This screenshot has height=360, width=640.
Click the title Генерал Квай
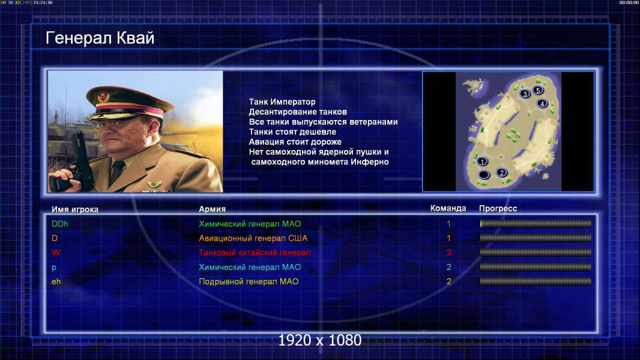tap(100, 38)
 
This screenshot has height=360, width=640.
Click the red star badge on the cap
tap(104, 96)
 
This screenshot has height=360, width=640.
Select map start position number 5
tap(538, 90)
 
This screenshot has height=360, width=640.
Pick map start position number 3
tap(525, 94)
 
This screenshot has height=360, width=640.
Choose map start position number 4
tap(542, 104)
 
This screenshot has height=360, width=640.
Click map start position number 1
tap(482, 161)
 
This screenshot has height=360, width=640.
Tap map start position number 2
tap(502, 172)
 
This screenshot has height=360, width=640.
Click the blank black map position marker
tap(484, 175)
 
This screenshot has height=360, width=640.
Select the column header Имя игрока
tap(74, 209)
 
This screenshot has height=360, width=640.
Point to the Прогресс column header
tap(498, 208)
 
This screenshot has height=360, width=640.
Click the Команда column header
tap(448, 208)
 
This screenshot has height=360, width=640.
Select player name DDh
tap(59, 224)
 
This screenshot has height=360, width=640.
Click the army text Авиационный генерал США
tap(253, 238)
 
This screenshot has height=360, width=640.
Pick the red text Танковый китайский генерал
tap(255, 253)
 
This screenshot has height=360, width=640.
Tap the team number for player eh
tap(448, 281)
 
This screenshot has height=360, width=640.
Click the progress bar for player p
tap(536, 267)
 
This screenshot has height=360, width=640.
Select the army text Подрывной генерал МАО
tap(249, 281)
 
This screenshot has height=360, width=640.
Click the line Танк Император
tap(282, 102)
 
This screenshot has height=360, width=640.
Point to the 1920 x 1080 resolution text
tap(319, 340)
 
